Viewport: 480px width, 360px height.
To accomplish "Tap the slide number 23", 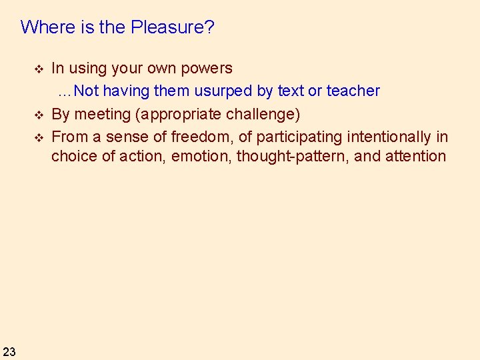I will coord(9,351).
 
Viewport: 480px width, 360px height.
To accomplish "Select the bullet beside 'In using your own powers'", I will coord(39,69).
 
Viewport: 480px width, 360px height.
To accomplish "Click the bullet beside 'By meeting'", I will coord(39,115).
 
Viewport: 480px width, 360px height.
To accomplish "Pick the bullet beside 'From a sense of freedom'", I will coord(39,138).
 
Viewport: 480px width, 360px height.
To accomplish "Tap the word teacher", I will coord(353,91).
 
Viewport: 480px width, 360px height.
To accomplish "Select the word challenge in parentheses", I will coord(263,115).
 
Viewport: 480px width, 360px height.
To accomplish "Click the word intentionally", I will coord(389,137).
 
